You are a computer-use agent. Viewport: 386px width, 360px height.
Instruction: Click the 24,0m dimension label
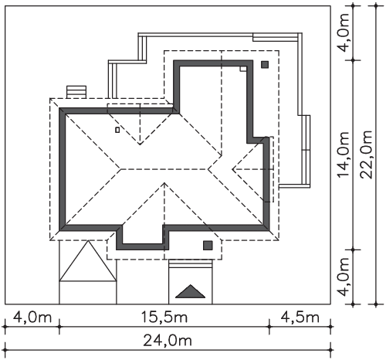(x=168, y=341)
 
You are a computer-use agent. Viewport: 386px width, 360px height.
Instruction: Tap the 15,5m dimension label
(x=164, y=318)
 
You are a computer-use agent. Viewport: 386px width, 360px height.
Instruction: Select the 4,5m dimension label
(x=300, y=318)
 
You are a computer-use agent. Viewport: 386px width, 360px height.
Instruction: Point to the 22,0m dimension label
(x=366, y=155)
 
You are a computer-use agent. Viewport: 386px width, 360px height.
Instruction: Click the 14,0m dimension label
(x=343, y=155)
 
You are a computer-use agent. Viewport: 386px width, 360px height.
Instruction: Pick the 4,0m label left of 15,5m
(x=32, y=318)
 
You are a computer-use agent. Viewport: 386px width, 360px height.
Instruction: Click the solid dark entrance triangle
(x=191, y=292)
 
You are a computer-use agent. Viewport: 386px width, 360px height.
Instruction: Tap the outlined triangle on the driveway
(x=88, y=260)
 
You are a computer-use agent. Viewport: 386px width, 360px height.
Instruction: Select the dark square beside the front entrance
(x=208, y=246)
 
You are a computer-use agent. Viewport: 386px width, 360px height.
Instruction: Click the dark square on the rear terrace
(x=265, y=64)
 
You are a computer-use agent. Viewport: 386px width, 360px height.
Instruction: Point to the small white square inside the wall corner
(x=243, y=69)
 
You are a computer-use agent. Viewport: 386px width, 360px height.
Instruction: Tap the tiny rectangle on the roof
(x=117, y=130)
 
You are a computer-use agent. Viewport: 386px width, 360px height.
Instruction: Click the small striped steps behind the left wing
(x=76, y=92)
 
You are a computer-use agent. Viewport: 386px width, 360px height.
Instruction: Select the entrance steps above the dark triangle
(x=191, y=264)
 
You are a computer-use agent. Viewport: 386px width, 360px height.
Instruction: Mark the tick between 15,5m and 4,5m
(x=269, y=327)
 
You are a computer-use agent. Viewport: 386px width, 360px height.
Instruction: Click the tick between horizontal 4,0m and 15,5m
(x=59, y=327)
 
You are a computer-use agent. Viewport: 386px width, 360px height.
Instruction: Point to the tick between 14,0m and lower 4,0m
(x=354, y=250)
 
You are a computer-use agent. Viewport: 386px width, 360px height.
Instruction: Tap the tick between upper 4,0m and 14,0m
(x=354, y=60)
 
